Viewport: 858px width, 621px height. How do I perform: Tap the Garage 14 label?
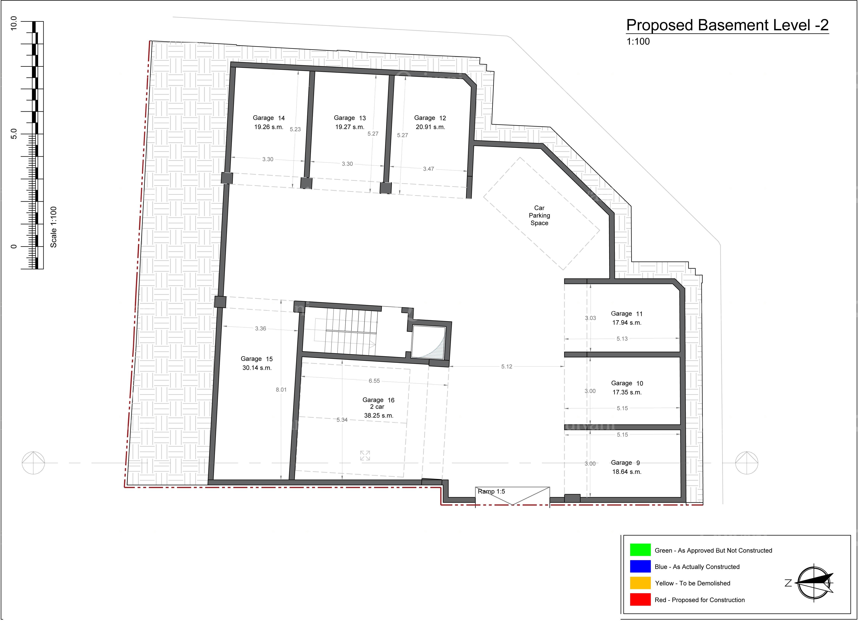tap(269, 118)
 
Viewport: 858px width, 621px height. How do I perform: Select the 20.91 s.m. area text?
tap(430, 127)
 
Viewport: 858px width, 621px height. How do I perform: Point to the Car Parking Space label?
tap(539, 216)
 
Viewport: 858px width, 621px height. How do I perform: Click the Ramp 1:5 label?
tap(491, 492)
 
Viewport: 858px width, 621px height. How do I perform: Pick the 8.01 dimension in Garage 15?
tap(281, 390)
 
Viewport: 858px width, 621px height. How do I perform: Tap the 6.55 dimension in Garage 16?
tap(374, 381)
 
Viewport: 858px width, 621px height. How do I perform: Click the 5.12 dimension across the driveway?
tap(507, 367)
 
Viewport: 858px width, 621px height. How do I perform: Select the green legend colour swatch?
tap(640, 550)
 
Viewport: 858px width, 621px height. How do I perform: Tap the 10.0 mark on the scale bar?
tap(14, 23)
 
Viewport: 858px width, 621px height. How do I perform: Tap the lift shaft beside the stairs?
tap(429, 342)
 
